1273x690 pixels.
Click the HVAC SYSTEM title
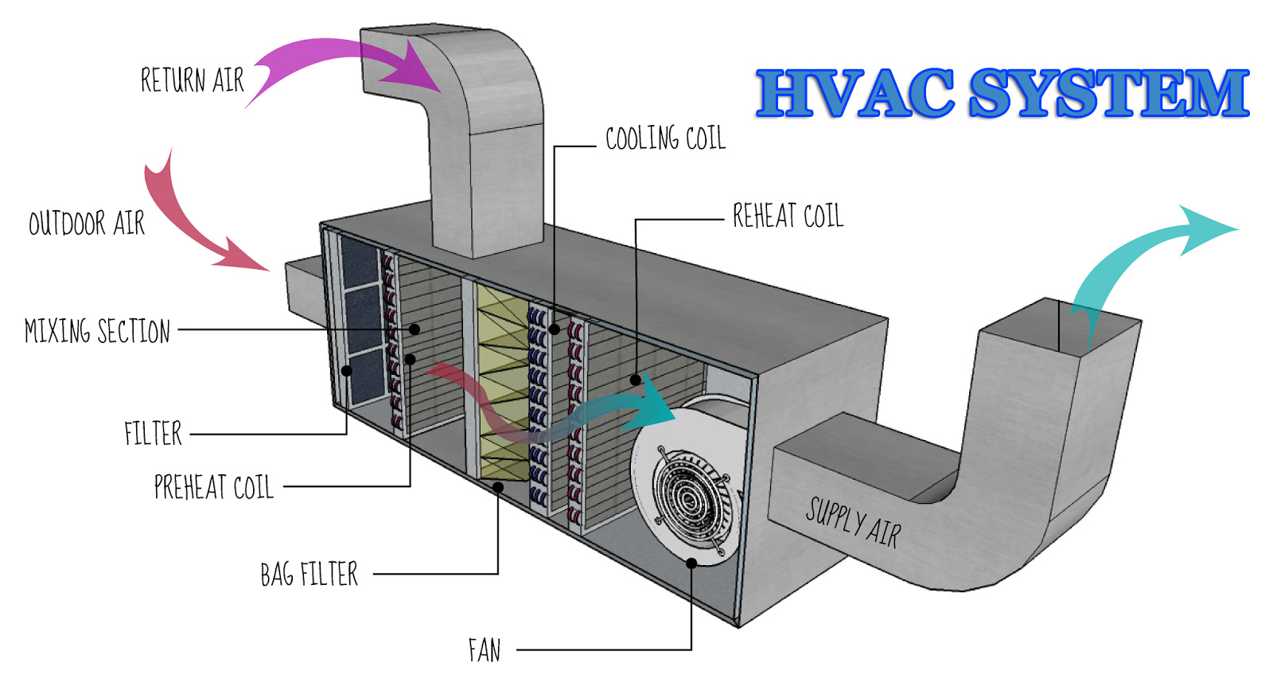(1002, 93)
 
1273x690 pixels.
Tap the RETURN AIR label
(192, 80)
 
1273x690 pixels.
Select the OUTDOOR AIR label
(87, 224)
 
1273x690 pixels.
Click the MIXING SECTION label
(97, 330)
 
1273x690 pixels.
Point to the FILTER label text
(153, 434)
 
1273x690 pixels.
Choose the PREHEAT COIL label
(213, 487)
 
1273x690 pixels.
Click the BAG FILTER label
(309, 574)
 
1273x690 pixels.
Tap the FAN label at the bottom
(485, 650)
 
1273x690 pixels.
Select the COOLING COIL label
(665, 138)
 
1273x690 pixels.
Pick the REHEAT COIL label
(788, 216)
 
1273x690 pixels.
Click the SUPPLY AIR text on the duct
(853, 523)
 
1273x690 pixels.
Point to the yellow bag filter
(502, 382)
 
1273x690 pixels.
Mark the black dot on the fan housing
(691, 563)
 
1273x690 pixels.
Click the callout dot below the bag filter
(498, 486)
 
